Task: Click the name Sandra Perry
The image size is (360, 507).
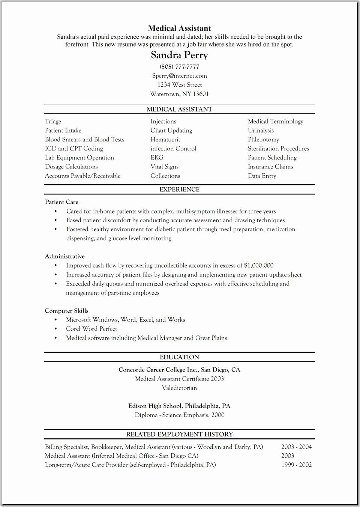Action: [x=179, y=55]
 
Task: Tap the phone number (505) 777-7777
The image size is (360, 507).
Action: [x=179, y=67]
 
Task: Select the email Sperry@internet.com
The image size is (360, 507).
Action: [x=179, y=76]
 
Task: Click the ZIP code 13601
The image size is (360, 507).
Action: [x=201, y=94]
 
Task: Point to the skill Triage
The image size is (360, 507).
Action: [x=53, y=122]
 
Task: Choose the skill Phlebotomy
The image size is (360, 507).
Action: [x=263, y=140]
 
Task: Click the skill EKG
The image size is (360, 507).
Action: [x=157, y=158]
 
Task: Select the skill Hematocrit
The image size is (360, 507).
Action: [x=165, y=140]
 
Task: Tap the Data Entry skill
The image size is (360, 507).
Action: [x=262, y=176]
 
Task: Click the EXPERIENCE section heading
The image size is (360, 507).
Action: [x=179, y=190]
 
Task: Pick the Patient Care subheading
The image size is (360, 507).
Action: [x=61, y=202]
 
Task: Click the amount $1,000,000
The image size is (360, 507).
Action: [x=258, y=265]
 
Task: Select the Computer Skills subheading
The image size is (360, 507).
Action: [x=66, y=311]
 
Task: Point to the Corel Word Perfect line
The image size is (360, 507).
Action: [x=91, y=329]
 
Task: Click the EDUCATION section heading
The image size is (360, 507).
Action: [x=179, y=357]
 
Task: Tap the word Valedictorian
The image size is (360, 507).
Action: [x=179, y=388]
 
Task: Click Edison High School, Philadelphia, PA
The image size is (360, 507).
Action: [x=179, y=406]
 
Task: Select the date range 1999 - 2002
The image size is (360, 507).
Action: [x=296, y=465]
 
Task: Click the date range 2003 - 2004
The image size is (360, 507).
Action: [x=296, y=447]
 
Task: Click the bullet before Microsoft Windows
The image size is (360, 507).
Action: [x=55, y=320]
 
